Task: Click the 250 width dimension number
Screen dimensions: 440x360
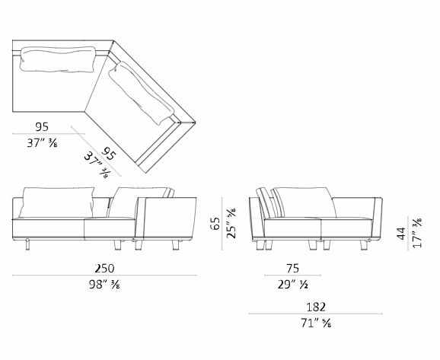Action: [x=104, y=268]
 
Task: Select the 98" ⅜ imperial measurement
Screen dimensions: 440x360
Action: [x=104, y=285]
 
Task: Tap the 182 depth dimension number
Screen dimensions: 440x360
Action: [x=316, y=307]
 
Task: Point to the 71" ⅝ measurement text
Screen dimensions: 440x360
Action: [x=316, y=323]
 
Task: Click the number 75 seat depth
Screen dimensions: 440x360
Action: [x=292, y=268]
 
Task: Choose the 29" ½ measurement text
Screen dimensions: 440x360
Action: [x=292, y=285]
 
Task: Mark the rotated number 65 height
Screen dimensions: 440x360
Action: [x=215, y=223]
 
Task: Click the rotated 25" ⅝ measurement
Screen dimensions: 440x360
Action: [x=231, y=223]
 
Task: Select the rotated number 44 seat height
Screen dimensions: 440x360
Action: [x=401, y=234]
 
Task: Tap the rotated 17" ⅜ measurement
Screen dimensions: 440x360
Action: [x=417, y=233]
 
